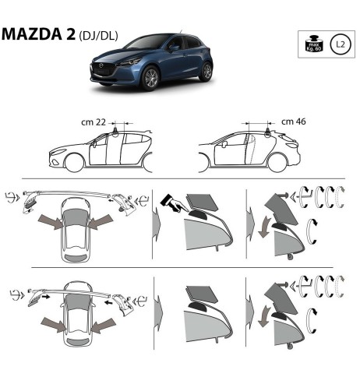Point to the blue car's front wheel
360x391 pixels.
[x=148, y=78]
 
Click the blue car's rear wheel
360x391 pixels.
[x=205, y=72]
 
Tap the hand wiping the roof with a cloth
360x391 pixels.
[x=172, y=204]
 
